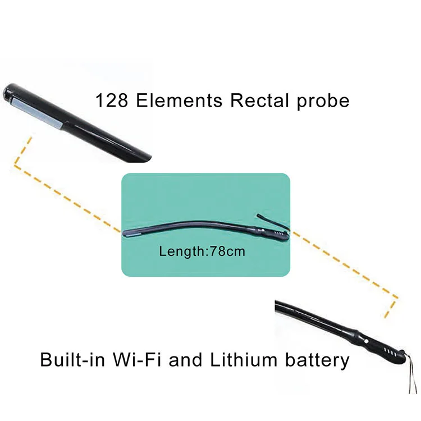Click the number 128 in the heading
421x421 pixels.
(x=112, y=100)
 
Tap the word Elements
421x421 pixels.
(x=180, y=100)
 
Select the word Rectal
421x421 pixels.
(x=259, y=100)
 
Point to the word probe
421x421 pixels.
(x=323, y=102)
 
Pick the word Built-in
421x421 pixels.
(x=72, y=359)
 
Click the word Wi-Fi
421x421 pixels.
(x=137, y=359)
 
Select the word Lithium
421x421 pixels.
(x=243, y=359)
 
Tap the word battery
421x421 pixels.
(x=317, y=360)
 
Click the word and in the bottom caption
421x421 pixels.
(x=185, y=359)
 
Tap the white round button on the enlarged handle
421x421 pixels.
(x=366, y=341)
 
